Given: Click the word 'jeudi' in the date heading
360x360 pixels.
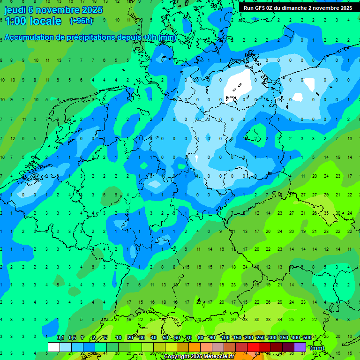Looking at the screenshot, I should coord(15,10).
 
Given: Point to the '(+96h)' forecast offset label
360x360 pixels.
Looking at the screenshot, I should coord(81,21).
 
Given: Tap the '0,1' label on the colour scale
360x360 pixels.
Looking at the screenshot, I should coord(60,338).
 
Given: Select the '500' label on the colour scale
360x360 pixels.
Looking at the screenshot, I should coord(307,338).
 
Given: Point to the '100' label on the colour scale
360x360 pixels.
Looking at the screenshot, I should coord(225,338).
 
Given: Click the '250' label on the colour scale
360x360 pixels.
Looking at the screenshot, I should coord(260,338).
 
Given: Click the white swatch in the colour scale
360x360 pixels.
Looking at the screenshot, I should coord(54,347).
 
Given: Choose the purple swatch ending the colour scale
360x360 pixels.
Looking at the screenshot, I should coord(300,347).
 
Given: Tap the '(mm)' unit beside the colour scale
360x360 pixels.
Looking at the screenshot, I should coord(317,348).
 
